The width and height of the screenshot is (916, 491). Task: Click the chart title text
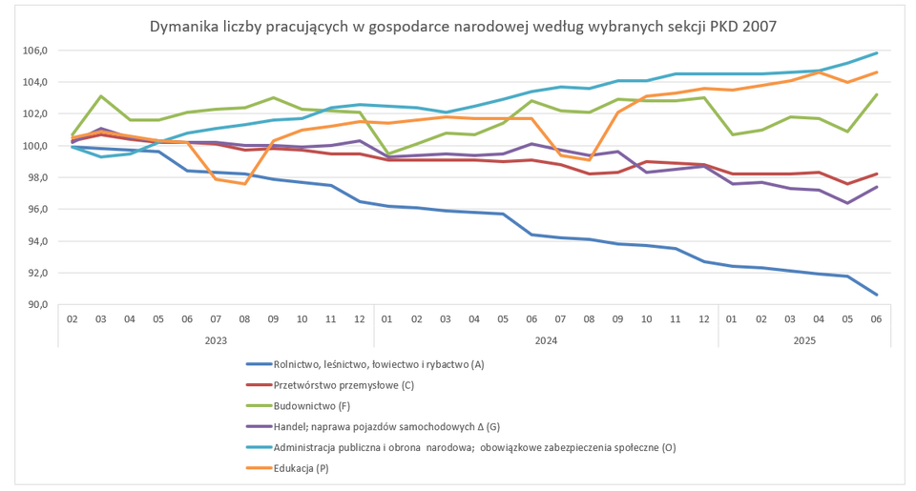click(463, 27)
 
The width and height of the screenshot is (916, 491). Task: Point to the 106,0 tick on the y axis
click(35, 51)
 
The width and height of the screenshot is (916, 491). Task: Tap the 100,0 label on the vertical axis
click(35, 146)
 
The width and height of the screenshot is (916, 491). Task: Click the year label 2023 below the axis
click(215, 338)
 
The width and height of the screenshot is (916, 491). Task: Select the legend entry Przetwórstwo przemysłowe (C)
click(343, 384)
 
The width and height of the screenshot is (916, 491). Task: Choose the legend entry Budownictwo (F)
click(311, 405)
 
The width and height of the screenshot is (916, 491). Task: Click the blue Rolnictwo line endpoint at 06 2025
click(876, 295)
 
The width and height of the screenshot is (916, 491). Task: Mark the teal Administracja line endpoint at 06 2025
click(876, 53)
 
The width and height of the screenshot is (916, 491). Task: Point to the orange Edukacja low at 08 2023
click(244, 183)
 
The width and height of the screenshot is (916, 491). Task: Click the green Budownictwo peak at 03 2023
click(101, 96)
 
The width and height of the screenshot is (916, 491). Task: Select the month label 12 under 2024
click(702, 317)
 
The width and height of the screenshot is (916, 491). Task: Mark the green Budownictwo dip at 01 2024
click(387, 153)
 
